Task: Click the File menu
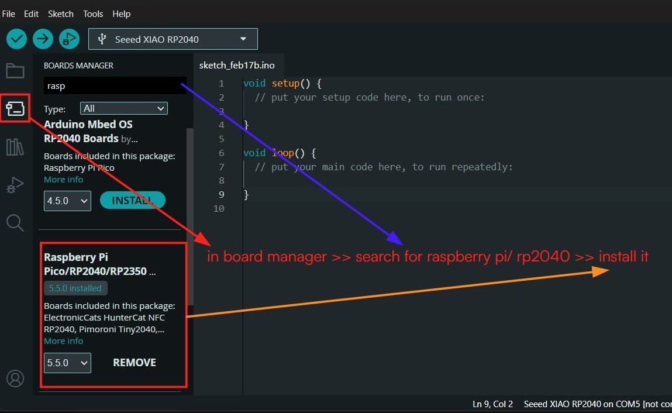(8, 13)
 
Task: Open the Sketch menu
(61, 13)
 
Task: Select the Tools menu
(93, 13)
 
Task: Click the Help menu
(122, 13)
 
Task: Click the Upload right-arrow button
(43, 39)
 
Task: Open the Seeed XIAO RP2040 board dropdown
(173, 39)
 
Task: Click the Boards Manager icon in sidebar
(15, 108)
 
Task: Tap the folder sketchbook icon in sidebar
(15, 71)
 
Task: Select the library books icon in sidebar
(15, 147)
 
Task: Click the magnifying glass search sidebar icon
(15, 223)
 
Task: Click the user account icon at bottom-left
(15, 378)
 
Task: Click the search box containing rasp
(115, 86)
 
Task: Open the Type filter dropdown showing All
(124, 108)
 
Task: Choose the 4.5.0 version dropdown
(67, 201)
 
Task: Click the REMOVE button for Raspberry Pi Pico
(135, 363)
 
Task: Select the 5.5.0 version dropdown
(67, 363)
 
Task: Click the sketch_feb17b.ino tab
(237, 65)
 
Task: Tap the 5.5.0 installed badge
(75, 288)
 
